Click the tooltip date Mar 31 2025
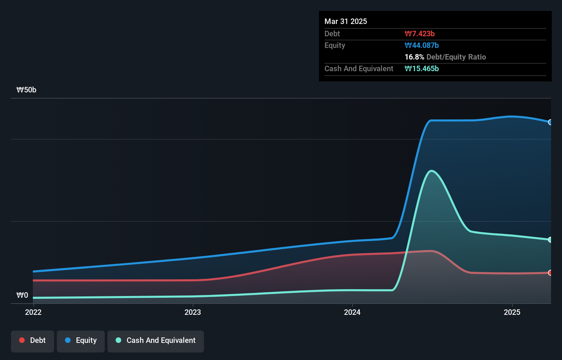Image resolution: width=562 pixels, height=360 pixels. [346, 21]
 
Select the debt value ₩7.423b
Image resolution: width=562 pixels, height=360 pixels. [420, 34]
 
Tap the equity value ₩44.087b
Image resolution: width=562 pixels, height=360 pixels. [422, 45]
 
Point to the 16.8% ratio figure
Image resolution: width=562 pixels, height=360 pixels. [414, 57]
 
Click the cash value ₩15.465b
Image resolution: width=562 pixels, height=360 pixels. [422, 68]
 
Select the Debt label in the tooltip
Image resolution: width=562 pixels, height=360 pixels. [332, 34]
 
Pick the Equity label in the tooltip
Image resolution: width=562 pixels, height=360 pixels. [335, 45]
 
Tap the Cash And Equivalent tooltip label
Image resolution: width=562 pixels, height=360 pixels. [359, 68]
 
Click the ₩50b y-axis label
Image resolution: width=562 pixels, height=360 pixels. [26, 90]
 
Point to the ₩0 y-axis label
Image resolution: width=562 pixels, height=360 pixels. [22, 295]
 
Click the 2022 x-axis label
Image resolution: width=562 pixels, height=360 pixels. [33, 312]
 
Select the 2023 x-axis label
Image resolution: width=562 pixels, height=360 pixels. [193, 312]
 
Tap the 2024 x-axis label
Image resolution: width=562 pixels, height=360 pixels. [352, 312]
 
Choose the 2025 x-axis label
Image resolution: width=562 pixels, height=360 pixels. [512, 312]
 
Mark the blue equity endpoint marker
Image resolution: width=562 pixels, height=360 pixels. [550, 122]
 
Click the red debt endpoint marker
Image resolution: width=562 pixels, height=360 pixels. [550, 273]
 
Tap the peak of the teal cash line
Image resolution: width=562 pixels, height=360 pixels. [432, 170]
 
